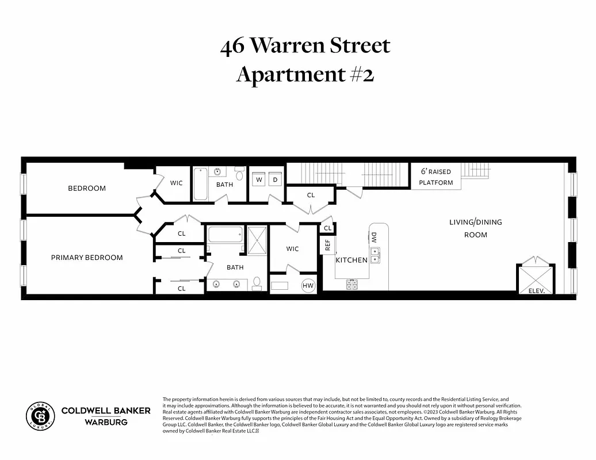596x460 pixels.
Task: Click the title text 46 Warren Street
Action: pyautogui.click(x=305, y=47)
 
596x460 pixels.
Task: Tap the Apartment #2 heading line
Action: pyautogui.click(x=305, y=74)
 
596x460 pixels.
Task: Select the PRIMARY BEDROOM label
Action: pyautogui.click(x=87, y=258)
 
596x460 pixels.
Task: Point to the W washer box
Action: pyautogui.click(x=259, y=180)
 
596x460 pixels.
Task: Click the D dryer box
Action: pyautogui.click(x=275, y=180)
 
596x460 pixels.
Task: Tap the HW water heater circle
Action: pyautogui.click(x=308, y=285)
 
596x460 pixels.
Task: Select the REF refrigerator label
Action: pyautogui.click(x=328, y=244)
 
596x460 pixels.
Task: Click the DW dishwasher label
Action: pyautogui.click(x=374, y=237)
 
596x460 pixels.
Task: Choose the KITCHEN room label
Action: pyautogui.click(x=352, y=260)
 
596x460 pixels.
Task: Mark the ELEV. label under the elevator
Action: pyautogui.click(x=540, y=291)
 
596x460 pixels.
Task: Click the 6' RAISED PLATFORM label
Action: pyautogui.click(x=435, y=177)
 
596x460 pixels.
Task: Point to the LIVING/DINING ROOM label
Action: pyautogui.click(x=475, y=228)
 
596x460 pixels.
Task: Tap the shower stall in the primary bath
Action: pyautogui.click(x=257, y=240)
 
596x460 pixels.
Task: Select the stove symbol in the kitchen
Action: pyautogui.click(x=352, y=284)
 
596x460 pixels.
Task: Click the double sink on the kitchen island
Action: pyautogui.click(x=375, y=255)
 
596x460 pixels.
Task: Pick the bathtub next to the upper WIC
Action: pyautogui.click(x=200, y=184)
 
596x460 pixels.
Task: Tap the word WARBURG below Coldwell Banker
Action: pyautogui.click(x=106, y=422)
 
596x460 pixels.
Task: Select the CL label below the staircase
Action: pyautogui.click(x=311, y=195)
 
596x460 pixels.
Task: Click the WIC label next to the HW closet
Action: pyautogui.click(x=292, y=249)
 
